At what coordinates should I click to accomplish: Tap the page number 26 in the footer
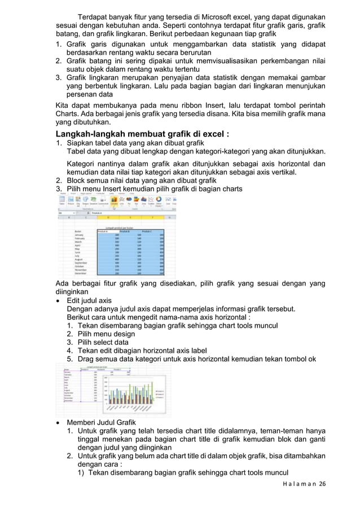coord(322,484)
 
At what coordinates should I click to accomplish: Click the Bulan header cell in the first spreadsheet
coord(78,231)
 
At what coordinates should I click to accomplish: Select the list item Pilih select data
coord(105,342)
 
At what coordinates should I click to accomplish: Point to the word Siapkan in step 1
coord(81,143)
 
